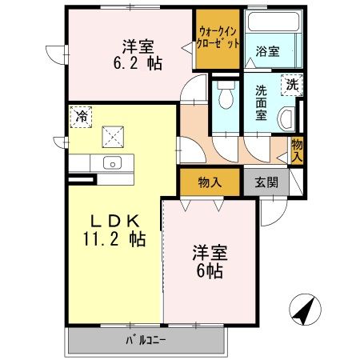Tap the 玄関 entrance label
tap(266, 182)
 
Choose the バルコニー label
tap(144, 342)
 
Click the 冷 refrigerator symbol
tap(81, 117)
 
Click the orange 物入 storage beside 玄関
tap(210, 182)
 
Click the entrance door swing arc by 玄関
tap(270, 211)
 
